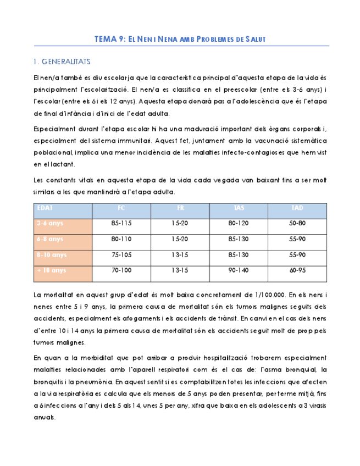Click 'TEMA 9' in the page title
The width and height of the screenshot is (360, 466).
(109, 39)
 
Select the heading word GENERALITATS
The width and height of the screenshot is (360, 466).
(65, 62)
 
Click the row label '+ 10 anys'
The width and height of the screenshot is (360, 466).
(51, 270)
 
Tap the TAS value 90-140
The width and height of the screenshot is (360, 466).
(239, 270)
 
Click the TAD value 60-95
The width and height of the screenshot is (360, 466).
(297, 270)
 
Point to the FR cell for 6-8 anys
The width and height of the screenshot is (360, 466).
(180, 240)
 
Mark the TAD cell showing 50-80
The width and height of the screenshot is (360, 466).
(297, 224)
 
